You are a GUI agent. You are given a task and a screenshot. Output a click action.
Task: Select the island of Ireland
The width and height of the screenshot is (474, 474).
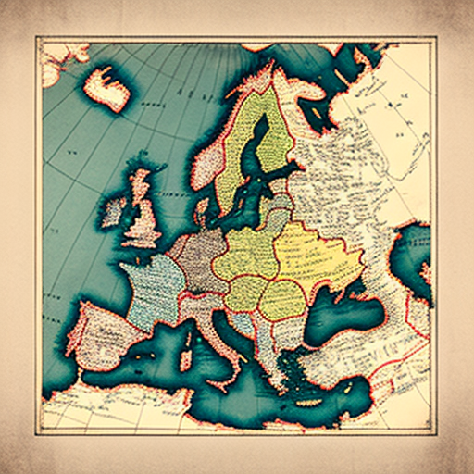point(115,210)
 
